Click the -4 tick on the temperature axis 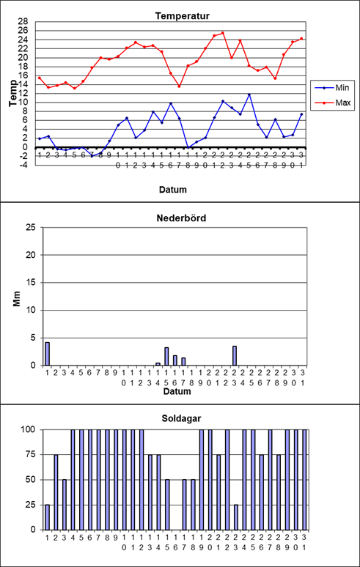tap(24, 165)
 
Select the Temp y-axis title tap(13, 93)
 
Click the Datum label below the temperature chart tap(173, 190)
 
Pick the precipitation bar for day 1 tap(47, 354)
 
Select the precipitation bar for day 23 tap(235, 355)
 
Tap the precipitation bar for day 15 tap(166, 356)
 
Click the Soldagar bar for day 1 tap(48, 517)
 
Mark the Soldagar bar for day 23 tap(236, 517)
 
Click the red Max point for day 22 tap(222, 33)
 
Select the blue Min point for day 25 tap(249, 94)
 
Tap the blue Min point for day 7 tap(92, 156)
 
